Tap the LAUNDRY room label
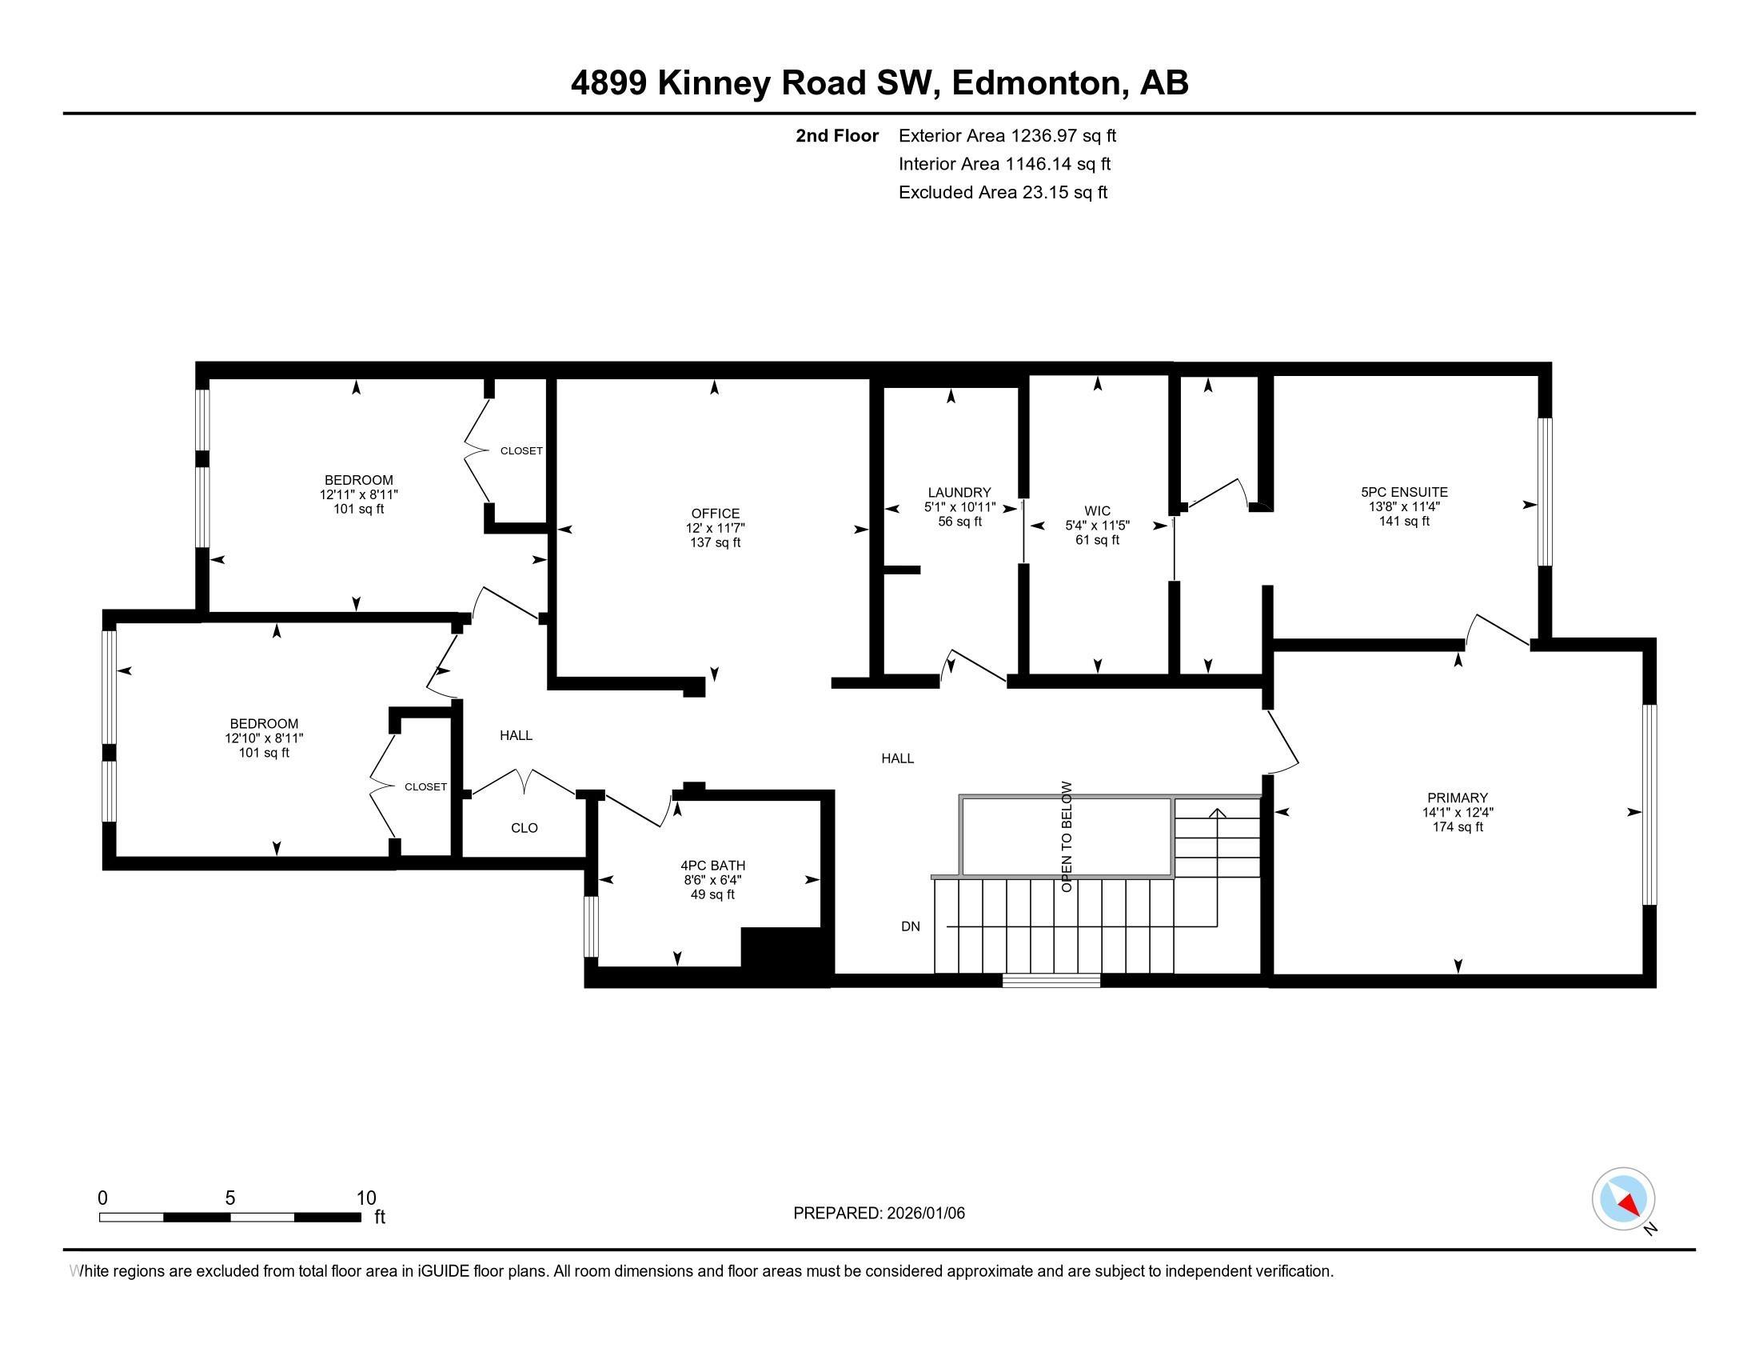(959, 492)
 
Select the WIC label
(1097, 511)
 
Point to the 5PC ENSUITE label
(1404, 491)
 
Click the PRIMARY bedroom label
(1457, 798)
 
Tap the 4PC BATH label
(712, 866)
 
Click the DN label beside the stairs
(910, 926)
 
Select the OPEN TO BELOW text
(1067, 835)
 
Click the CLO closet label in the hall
(524, 827)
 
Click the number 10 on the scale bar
(365, 1198)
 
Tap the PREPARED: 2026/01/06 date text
(879, 1213)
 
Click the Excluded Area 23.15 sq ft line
(1003, 192)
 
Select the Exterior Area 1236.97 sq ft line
(1007, 135)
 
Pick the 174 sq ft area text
(1457, 826)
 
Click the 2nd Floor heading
(837, 135)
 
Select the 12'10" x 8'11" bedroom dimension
(263, 738)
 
